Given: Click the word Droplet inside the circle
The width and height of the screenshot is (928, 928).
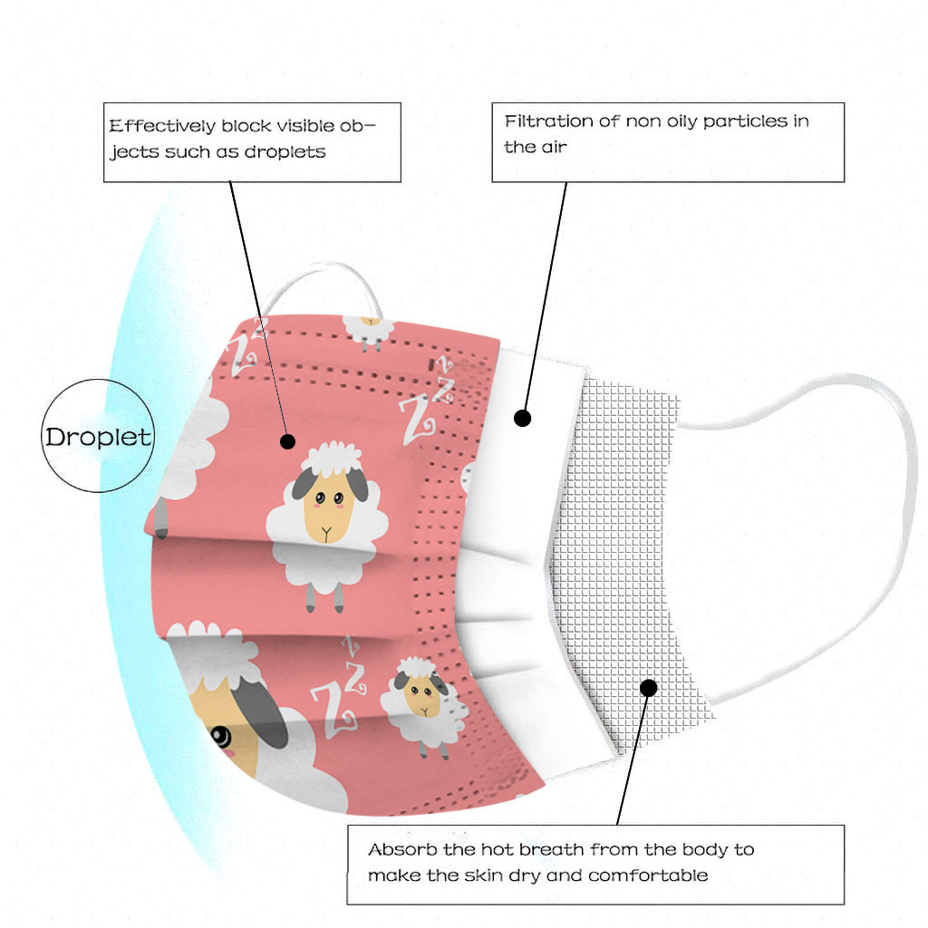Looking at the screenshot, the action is (x=98, y=438).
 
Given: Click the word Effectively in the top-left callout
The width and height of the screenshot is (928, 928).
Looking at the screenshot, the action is (x=163, y=126).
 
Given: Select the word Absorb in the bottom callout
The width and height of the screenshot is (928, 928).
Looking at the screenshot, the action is (x=402, y=849).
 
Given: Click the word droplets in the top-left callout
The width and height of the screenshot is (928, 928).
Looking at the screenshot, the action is (x=285, y=152).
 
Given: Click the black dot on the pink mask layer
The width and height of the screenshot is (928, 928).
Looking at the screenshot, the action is (x=287, y=441).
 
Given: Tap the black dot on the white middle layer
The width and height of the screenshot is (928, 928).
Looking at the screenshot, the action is (x=522, y=419).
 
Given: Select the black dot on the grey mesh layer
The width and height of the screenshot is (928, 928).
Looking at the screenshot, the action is (x=649, y=688).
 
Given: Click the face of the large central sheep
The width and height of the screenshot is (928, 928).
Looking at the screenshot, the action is (x=328, y=507).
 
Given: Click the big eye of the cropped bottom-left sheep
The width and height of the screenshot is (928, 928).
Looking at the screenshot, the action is (x=221, y=737).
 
